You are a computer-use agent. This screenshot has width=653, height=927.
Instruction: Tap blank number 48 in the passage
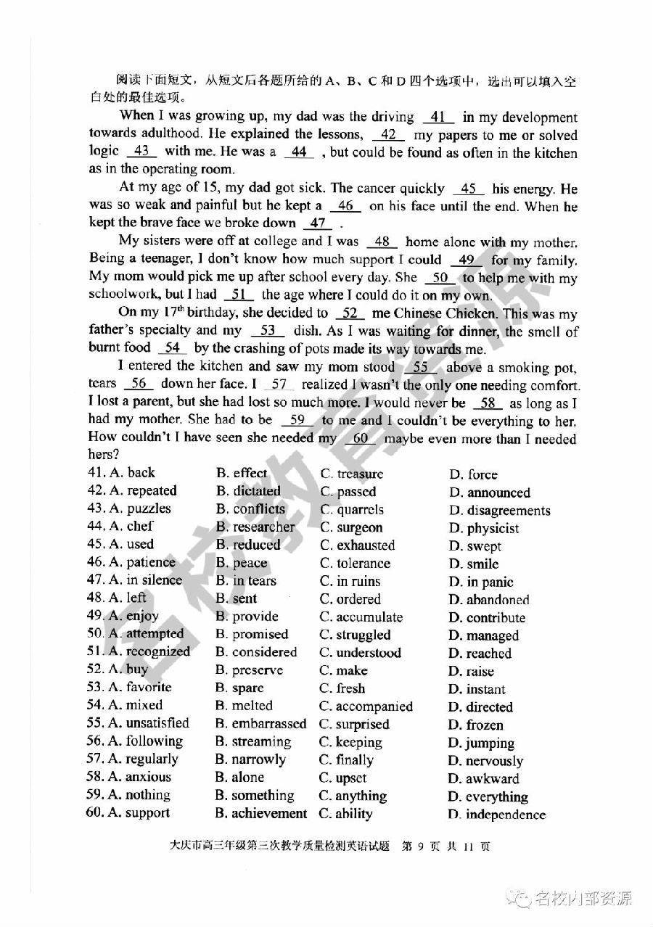[x=382, y=242]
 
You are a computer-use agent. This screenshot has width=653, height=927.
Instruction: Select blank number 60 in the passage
[x=361, y=439]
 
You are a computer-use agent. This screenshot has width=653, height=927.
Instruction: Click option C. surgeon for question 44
[x=351, y=528]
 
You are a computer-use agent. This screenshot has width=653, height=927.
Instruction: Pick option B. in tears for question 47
[x=246, y=581]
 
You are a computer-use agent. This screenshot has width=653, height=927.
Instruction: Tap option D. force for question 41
[x=473, y=475]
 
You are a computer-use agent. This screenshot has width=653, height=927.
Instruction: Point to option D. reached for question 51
[x=480, y=654]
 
